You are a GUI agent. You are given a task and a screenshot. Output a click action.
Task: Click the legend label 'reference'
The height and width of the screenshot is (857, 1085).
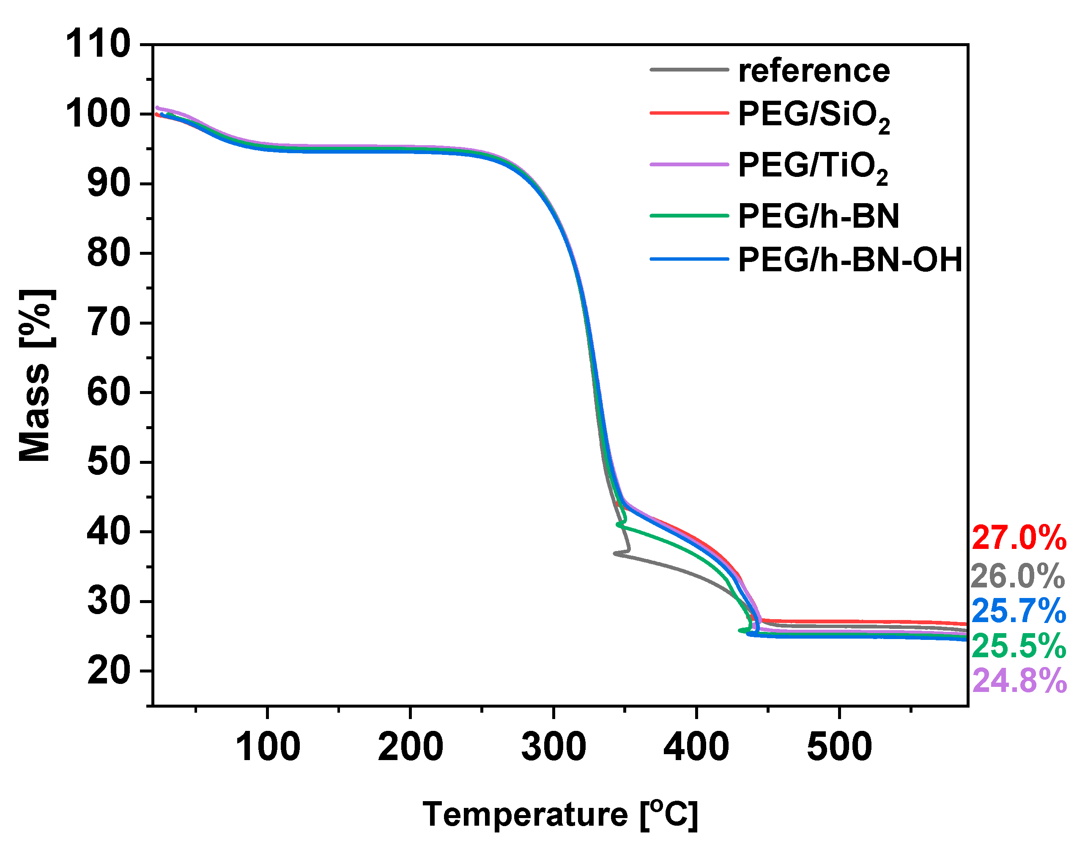pos(814,71)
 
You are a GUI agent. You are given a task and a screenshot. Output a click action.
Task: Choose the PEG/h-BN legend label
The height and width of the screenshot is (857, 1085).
pos(818,216)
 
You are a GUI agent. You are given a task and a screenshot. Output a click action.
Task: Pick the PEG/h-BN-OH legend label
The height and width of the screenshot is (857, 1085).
pos(850,260)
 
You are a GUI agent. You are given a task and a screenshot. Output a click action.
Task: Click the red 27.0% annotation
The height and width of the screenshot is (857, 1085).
pos(1018,538)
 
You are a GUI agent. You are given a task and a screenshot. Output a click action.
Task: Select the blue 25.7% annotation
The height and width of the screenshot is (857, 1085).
pos(1018,611)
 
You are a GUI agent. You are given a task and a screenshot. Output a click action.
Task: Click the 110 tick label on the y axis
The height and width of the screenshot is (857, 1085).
pos(98,44)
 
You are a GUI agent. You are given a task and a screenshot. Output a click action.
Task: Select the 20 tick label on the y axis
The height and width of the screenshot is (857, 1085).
pos(108,671)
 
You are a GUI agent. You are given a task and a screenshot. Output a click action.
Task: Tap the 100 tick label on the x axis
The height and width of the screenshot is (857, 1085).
pos(268,747)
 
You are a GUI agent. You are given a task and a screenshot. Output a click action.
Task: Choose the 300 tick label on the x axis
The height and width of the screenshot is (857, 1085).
pos(553,747)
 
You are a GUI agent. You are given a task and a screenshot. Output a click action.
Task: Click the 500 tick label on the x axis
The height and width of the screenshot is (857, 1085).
pos(839,747)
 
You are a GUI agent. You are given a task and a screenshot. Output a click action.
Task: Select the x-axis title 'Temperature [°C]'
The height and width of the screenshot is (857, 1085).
pos(560,814)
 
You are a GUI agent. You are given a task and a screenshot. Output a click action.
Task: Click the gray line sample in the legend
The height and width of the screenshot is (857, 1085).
pos(689,70)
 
